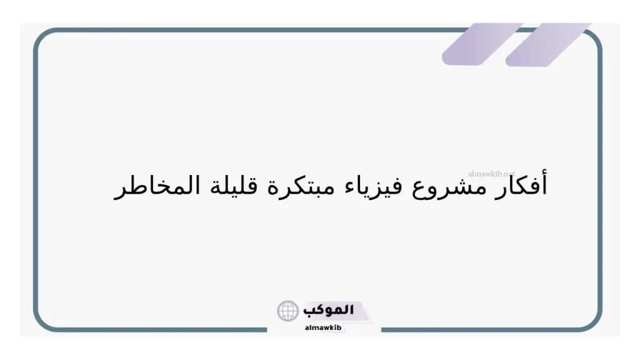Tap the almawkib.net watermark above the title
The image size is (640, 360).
[x=491, y=173]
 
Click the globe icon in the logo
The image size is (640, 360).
[x=288, y=311]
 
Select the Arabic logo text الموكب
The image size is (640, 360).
[x=329, y=310]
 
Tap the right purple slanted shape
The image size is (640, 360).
[x=547, y=44]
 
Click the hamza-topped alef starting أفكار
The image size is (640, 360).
[x=544, y=184]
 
